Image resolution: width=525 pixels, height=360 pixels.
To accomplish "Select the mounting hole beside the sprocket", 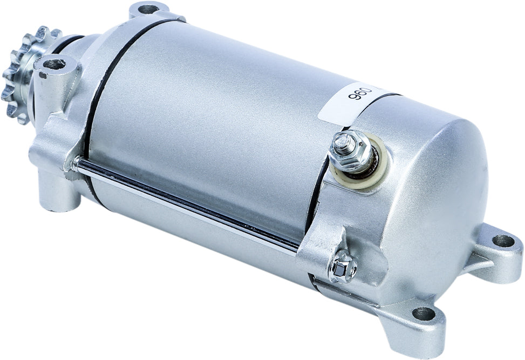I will point(54,65).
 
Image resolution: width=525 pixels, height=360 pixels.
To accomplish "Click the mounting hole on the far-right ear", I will point(503,241).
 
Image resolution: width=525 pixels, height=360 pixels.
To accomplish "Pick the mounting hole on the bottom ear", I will point(424,313).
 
